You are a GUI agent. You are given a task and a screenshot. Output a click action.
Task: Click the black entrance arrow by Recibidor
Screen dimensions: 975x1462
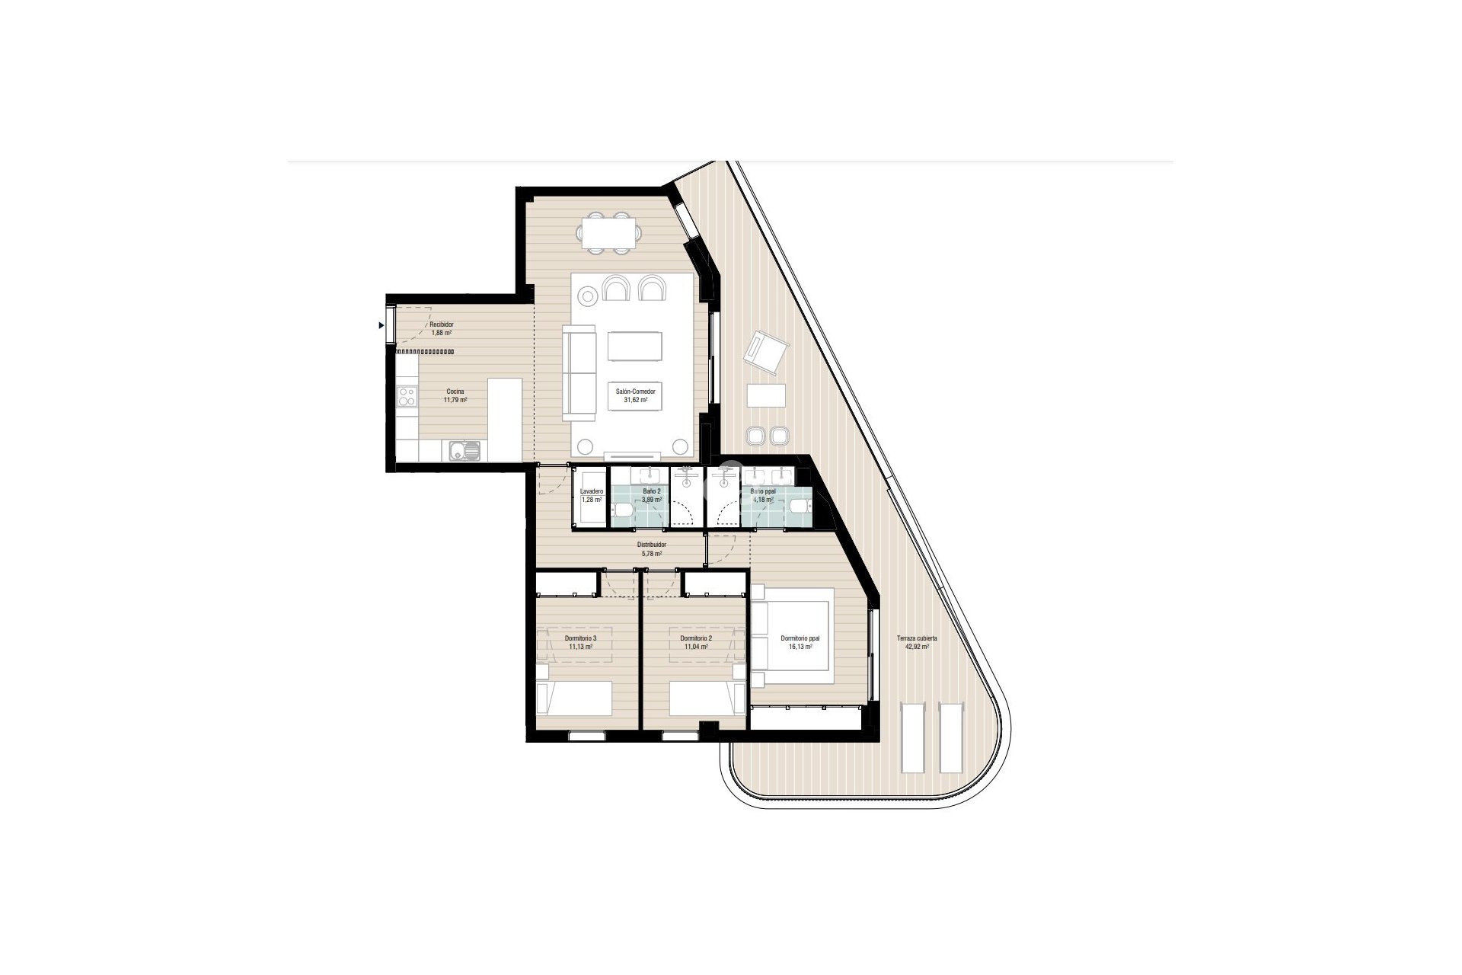(381, 326)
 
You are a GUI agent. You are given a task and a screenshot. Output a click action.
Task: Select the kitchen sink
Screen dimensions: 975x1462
(463, 451)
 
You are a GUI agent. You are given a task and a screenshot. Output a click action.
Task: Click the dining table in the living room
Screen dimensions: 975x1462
(609, 232)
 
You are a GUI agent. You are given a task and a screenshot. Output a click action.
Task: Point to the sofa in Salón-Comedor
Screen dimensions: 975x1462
(579, 372)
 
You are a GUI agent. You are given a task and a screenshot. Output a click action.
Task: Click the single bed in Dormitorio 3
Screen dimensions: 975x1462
(575, 698)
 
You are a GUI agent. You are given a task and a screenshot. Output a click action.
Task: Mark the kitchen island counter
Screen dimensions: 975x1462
(504, 419)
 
